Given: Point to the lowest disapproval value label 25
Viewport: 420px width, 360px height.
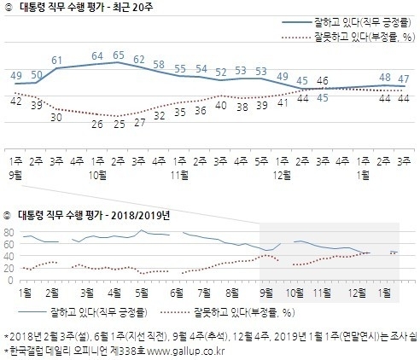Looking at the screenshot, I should [x=119, y=123].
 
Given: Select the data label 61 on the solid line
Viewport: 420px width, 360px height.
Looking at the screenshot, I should [x=56, y=59].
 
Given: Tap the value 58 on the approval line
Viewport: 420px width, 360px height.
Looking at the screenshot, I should [x=159, y=64].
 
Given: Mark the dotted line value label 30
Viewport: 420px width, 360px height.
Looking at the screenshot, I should [x=56, y=117].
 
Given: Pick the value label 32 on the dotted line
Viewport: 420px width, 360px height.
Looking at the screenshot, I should [x=159, y=113].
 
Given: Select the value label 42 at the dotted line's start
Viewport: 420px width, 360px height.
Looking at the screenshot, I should [x=15, y=101].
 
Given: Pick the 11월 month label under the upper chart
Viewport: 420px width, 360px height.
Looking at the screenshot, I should [x=180, y=173].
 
